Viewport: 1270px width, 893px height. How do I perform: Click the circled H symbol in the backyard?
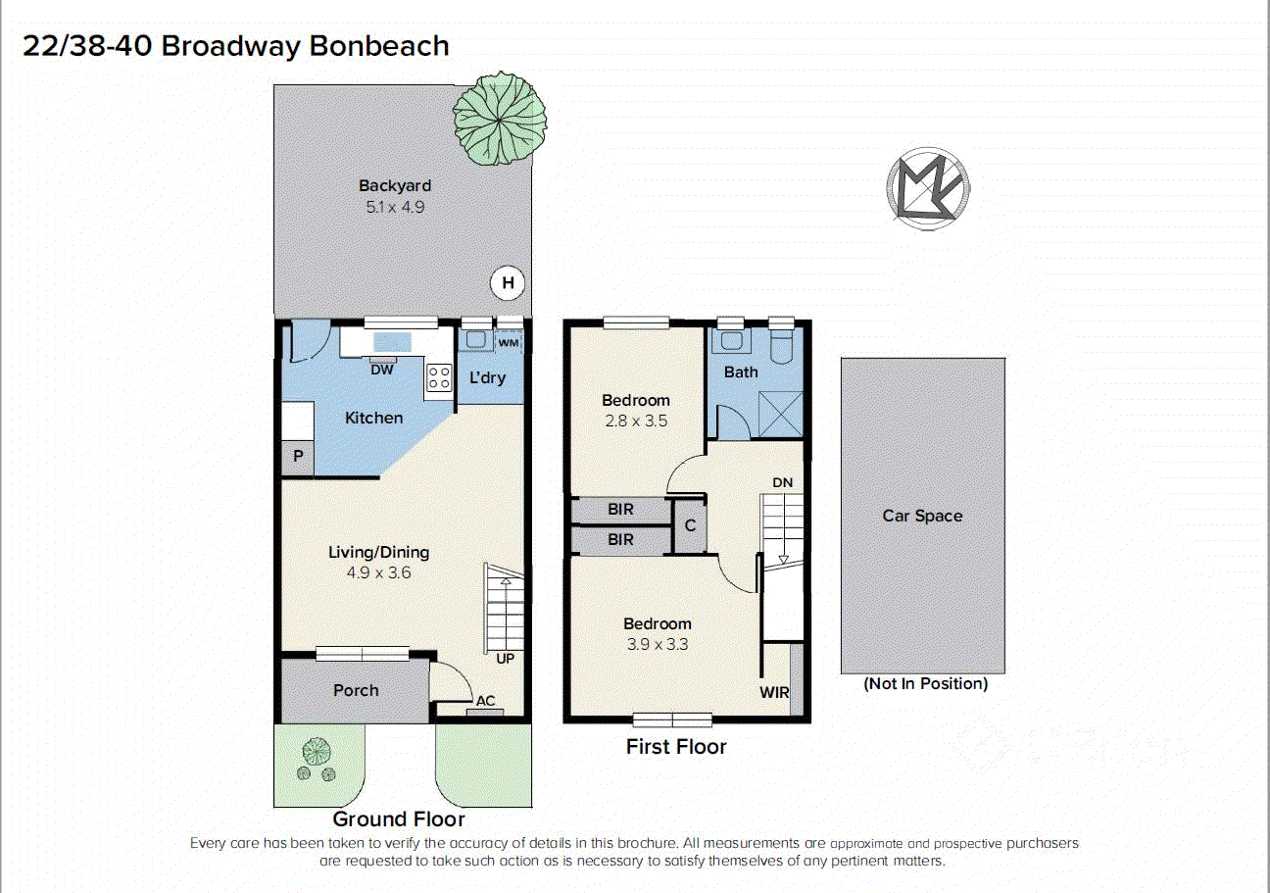(x=508, y=284)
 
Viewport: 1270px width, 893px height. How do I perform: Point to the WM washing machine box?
(x=509, y=343)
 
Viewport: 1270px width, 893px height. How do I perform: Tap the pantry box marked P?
(x=298, y=459)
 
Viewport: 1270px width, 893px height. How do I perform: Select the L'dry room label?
(x=487, y=377)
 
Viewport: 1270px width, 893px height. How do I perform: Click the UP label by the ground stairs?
(x=505, y=659)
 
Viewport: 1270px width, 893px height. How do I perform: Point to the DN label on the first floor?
(x=782, y=482)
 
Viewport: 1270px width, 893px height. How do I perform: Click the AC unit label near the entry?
(x=485, y=701)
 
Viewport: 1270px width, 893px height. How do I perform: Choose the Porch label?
(x=356, y=690)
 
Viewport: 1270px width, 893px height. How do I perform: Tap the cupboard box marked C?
(x=690, y=526)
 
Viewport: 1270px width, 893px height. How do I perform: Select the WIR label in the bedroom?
(x=774, y=692)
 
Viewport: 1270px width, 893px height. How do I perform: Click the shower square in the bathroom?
(x=783, y=413)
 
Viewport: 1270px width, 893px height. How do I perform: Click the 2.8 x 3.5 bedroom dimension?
(x=636, y=421)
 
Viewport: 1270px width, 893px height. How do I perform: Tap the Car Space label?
(x=922, y=516)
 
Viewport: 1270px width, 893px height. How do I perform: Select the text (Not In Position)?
(x=925, y=683)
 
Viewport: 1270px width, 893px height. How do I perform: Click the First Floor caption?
(x=676, y=747)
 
